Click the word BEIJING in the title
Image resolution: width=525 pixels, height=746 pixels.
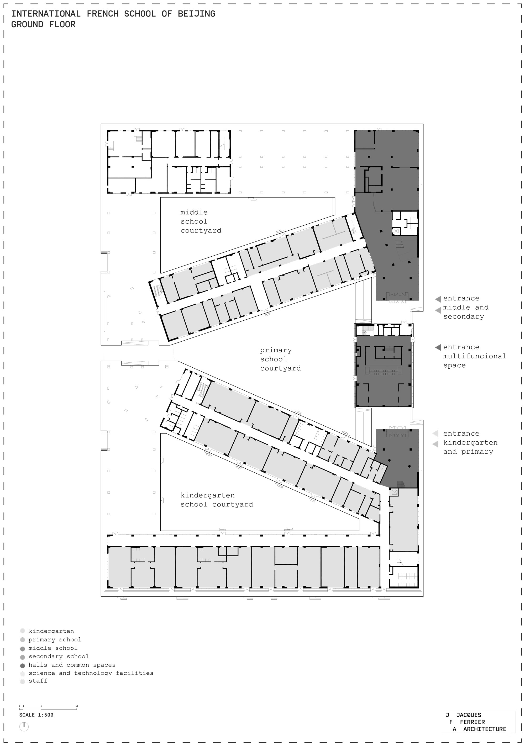point(196,14)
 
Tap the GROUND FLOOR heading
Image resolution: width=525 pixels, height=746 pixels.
point(43,24)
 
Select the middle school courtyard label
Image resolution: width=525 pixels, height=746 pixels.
point(201,221)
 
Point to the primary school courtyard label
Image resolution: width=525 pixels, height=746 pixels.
point(280,359)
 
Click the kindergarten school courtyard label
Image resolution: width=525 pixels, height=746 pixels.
point(217,500)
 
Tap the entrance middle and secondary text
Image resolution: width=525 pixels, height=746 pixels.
point(465,307)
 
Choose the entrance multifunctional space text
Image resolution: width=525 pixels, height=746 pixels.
point(474,356)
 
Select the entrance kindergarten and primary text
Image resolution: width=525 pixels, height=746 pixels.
point(470,442)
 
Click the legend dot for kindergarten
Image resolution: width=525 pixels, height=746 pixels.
point(22,631)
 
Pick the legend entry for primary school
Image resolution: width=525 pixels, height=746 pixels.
point(55,639)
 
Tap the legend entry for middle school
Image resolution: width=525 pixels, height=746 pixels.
point(53,648)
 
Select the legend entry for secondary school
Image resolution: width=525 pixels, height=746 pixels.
point(59,656)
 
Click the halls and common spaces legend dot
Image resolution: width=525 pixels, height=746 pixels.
point(22,665)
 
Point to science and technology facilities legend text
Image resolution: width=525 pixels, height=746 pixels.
point(91,673)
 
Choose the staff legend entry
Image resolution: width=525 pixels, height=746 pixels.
point(38,681)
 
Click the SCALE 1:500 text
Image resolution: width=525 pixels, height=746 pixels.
point(36,715)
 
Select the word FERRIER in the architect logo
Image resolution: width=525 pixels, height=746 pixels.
point(472,722)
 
